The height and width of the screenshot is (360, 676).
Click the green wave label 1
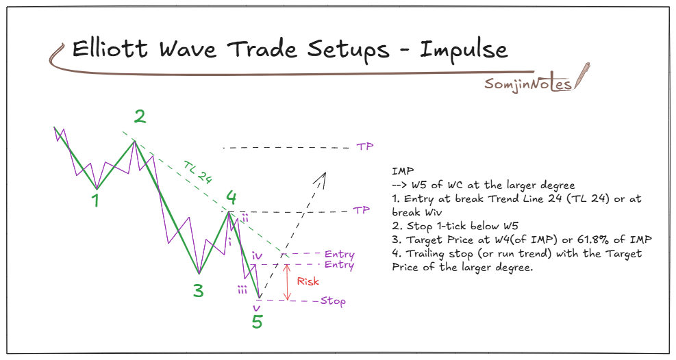[x=97, y=201]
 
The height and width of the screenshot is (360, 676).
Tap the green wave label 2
[x=140, y=117]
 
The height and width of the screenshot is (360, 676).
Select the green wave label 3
[x=198, y=291]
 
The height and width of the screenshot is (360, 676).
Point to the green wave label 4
[x=232, y=198]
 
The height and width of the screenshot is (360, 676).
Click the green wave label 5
[x=257, y=321]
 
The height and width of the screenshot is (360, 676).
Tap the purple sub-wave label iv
[x=258, y=256]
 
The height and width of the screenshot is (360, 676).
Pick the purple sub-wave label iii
[x=242, y=290]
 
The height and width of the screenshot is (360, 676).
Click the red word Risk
[x=308, y=281]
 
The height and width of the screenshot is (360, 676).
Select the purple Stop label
[x=333, y=301]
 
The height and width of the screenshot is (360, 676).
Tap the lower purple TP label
[x=362, y=211]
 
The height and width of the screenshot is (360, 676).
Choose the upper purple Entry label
[x=340, y=255]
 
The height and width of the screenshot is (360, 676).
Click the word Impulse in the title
[x=464, y=50]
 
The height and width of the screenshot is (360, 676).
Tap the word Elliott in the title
[x=114, y=50]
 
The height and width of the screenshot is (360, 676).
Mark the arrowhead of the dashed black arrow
[x=323, y=175]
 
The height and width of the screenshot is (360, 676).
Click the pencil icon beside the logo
[x=582, y=75]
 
